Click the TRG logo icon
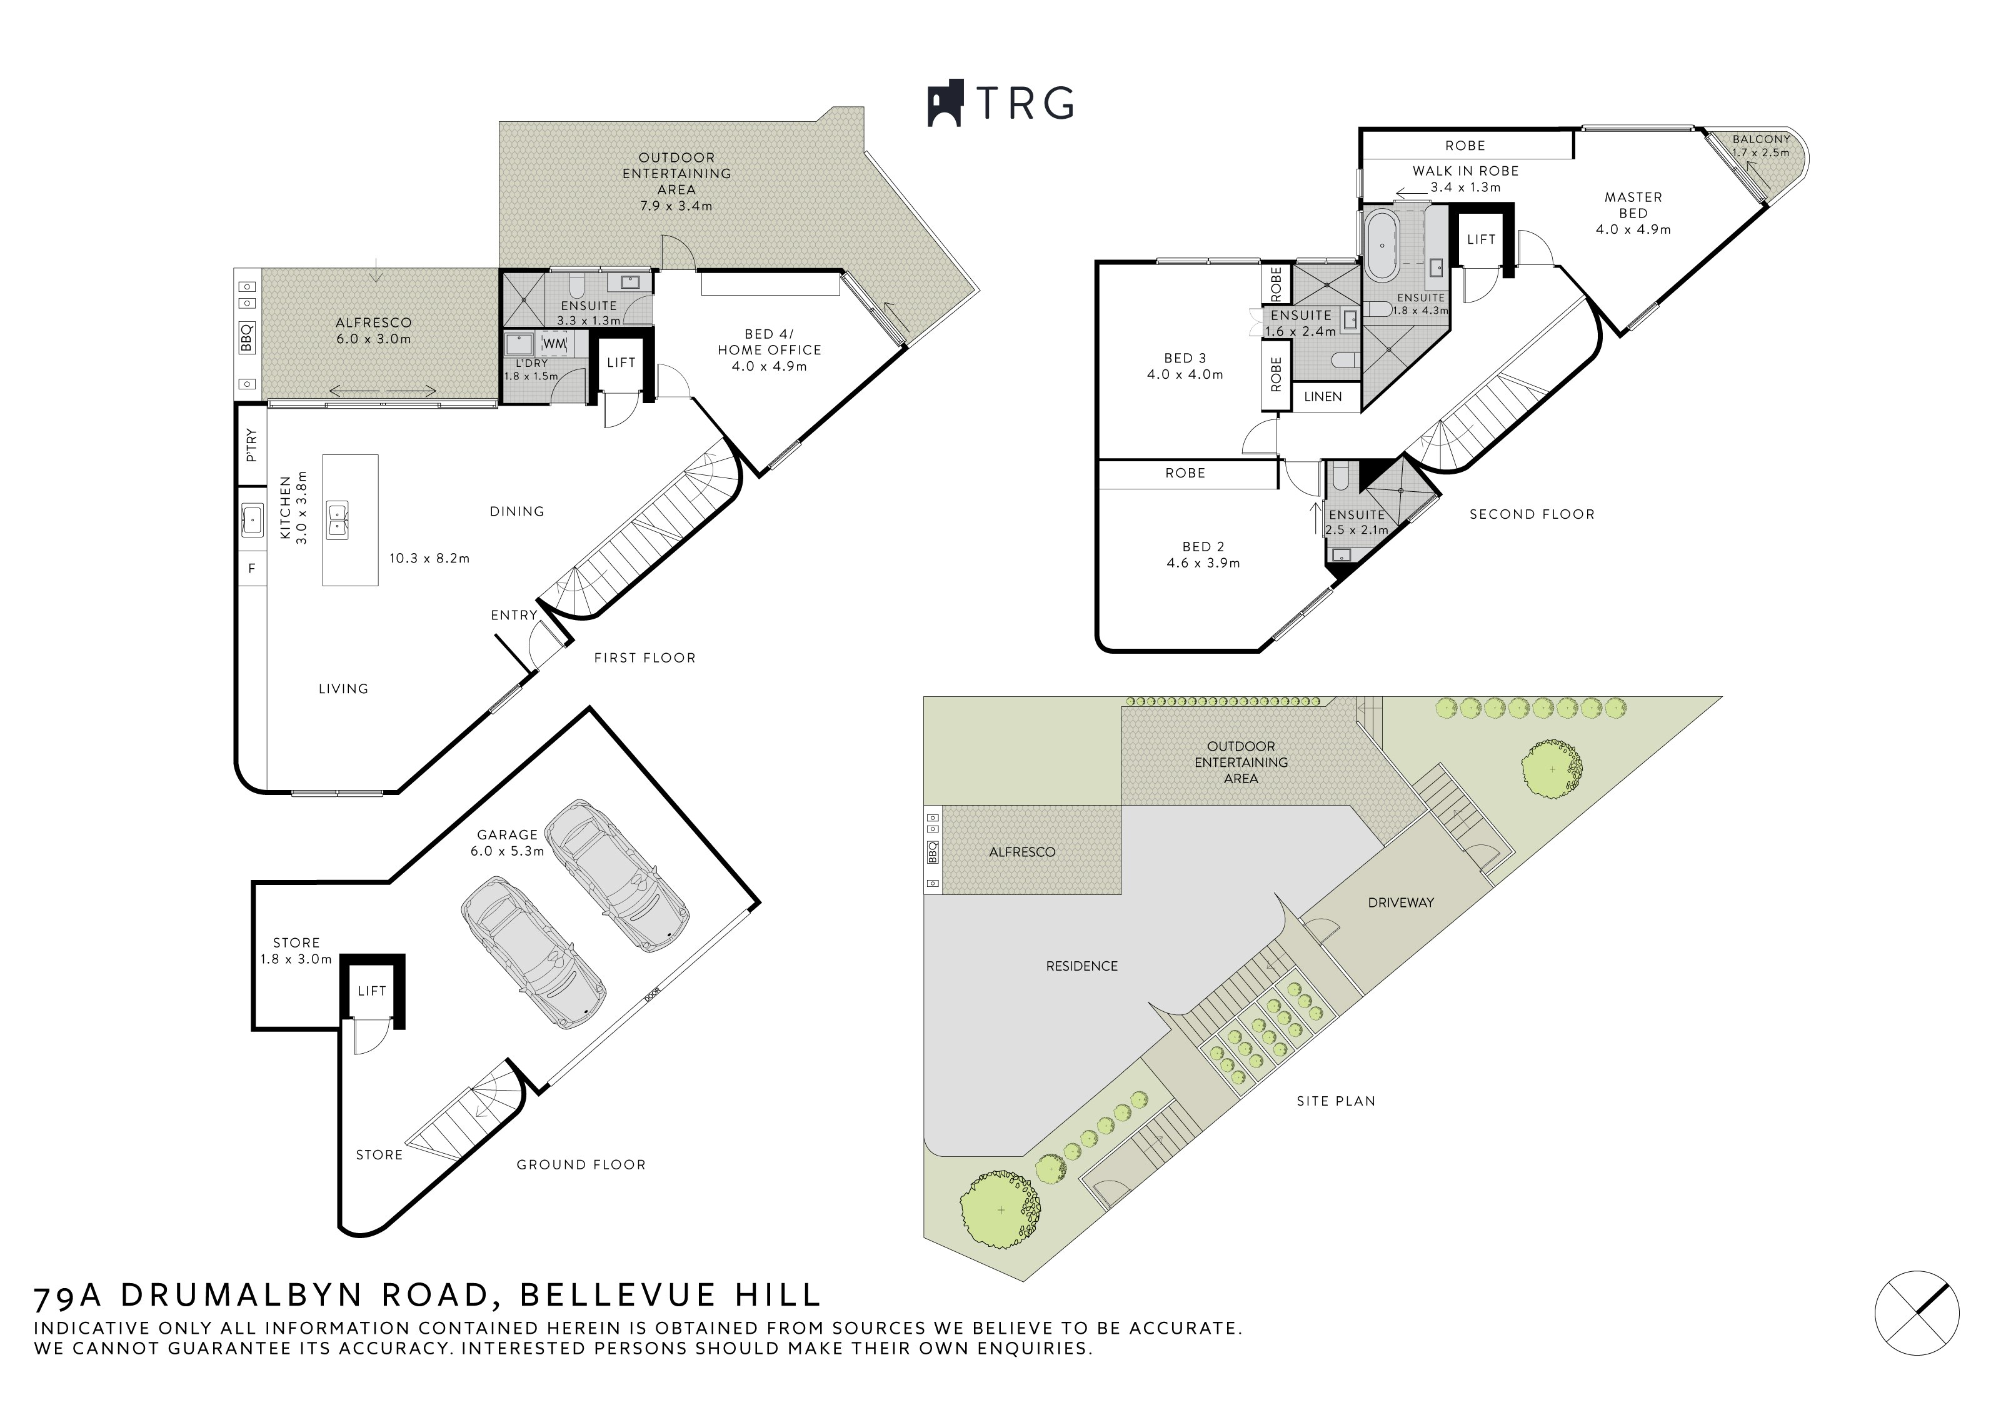click(944, 104)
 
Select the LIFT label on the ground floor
click(372, 991)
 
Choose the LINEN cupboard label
click(1323, 396)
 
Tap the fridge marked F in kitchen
click(252, 568)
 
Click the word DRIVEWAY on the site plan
click(1400, 902)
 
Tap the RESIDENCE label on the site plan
click(1081, 966)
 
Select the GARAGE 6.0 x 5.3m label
click(507, 842)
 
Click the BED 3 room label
click(1185, 358)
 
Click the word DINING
click(517, 511)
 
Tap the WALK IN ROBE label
click(1466, 171)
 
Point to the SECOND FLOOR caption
click(1532, 514)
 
